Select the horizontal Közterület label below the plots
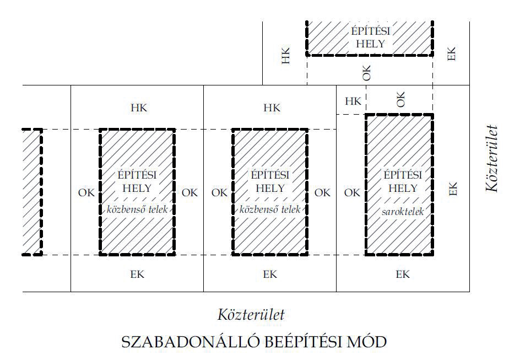tap(251, 315)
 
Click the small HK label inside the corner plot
tap(353, 101)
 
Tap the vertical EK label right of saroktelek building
tap(453, 189)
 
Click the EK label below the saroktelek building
tap(403, 274)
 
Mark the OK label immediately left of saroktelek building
tap(352, 192)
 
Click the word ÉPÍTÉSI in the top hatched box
tap(369, 31)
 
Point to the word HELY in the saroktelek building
tap(403, 188)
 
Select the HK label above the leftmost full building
tap(139, 108)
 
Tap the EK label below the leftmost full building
tap(137, 274)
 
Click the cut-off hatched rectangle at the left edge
tap(32, 192)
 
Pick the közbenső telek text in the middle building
tap(269, 209)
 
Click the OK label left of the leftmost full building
tap(86, 192)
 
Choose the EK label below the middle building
tap(269, 274)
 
